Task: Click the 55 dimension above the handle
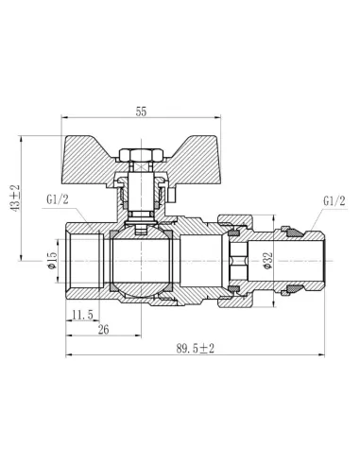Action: pyautogui.click(x=142, y=111)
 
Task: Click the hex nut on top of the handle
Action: pyautogui.click(x=142, y=155)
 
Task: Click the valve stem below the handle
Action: pyautogui.click(x=142, y=194)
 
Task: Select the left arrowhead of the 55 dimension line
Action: pyautogui.click(x=65, y=118)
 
